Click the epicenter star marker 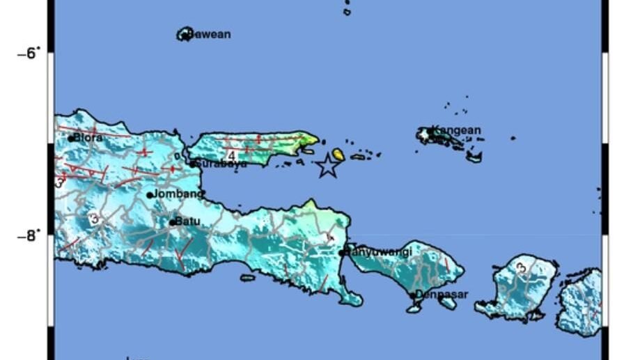(x=327, y=166)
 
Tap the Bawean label (x=209, y=34)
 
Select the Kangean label (x=456, y=130)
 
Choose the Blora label (x=88, y=138)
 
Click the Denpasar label (x=442, y=295)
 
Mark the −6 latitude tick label (x=29, y=53)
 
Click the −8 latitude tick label (x=29, y=235)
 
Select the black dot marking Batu (x=173, y=223)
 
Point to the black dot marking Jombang (x=150, y=195)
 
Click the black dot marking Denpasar (x=413, y=296)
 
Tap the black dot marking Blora (x=71, y=139)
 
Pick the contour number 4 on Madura (x=231, y=155)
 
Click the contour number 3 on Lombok (x=521, y=267)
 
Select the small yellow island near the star (x=338, y=154)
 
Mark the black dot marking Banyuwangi (x=342, y=253)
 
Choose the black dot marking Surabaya (x=193, y=164)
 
